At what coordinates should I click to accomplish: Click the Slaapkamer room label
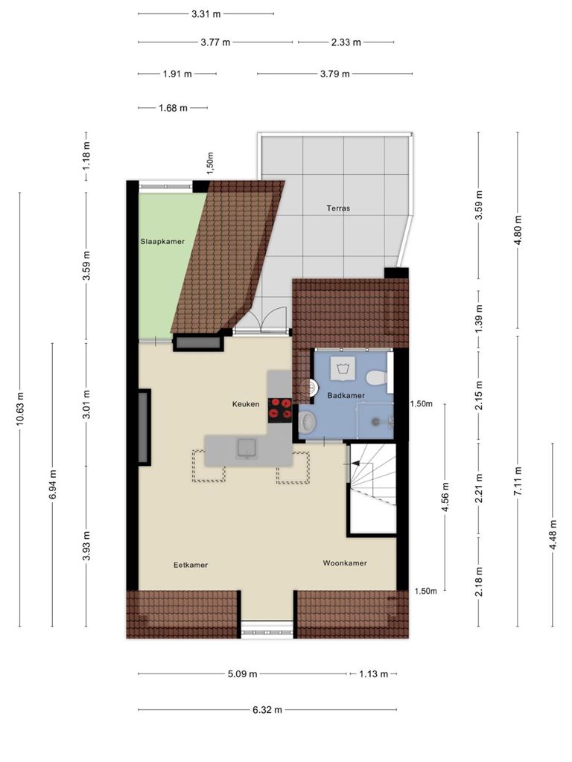pyautogui.click(x=162, y=242)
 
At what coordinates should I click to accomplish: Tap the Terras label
pyautogui.click(x=338, y=208)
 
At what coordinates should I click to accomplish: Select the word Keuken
pyautogui.click(x=246, y=404)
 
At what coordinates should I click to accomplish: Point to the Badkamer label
pyautogui.click(x=346, y=396)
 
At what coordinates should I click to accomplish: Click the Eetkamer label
pyautogui.click(x=191, y=565)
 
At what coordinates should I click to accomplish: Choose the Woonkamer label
pyautogui.click(x=345, y=563)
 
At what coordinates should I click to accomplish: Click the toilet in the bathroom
pyautogui.click(x=376, y=377)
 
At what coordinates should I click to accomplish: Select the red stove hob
pyautogui.click(x=280, y=409)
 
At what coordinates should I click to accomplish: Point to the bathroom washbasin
pyautogui.click(x=307, y=421)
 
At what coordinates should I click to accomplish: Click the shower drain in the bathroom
pyautogui.click(x=375, y=422)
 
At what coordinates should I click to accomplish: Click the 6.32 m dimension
pyautogui.click(x=267, y=709)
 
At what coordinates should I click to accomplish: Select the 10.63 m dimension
pyautogui.click(x=20, y=409)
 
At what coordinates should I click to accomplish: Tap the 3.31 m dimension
pyautogui.click(x=206, y=14)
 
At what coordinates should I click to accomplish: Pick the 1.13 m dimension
pyautogui.click(x=374, y=674)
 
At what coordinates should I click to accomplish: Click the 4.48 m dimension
pyautogui.click(x=553, y=534)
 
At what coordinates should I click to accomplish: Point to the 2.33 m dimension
pyautogui.click(x=346, y=42)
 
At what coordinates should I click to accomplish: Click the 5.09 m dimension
pyautogui.click(x=242, y=674)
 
